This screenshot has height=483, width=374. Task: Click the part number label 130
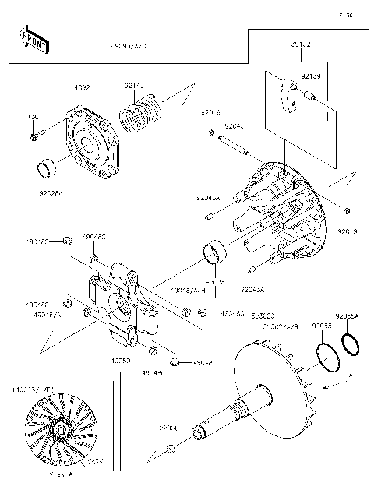33,117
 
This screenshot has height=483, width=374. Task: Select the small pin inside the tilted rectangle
309,99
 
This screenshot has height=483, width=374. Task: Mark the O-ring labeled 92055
327,354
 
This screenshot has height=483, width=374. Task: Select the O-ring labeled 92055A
350,343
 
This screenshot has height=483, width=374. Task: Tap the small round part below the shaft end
170,450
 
